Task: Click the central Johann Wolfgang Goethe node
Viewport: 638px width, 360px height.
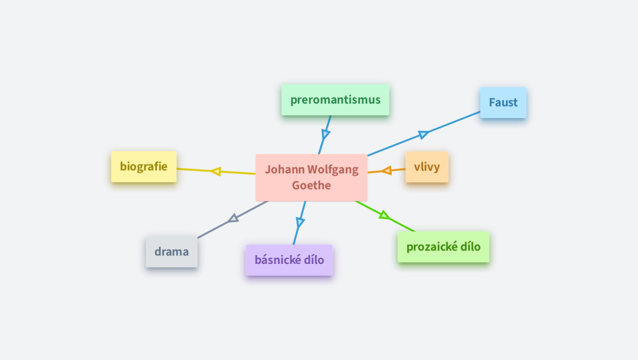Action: point(311,178)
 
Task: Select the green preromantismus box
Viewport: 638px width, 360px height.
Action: point(335,100)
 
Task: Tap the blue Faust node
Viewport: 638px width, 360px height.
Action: point(503,103)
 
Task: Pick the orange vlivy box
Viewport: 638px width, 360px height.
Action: point(427,167)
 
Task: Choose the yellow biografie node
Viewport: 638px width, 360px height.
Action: point(144,166)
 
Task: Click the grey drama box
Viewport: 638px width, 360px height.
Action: point(172,252)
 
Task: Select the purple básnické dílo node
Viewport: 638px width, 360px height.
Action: point(289,260)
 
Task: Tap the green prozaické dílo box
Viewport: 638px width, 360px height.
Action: point(443,247)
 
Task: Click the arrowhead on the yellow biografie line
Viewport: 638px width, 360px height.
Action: point(216,171)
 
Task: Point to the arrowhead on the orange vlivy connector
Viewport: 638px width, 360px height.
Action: point(387,170)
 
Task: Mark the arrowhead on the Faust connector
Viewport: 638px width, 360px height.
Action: point(423,135)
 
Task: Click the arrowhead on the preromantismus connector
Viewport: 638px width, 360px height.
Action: point(325,135)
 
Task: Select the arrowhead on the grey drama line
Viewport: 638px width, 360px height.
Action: point(234,218)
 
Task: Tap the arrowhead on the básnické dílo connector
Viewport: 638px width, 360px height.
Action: point(300,222)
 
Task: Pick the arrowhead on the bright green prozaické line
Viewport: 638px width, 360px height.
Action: point(384,215)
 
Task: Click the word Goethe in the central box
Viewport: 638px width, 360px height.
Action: point(311,185)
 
